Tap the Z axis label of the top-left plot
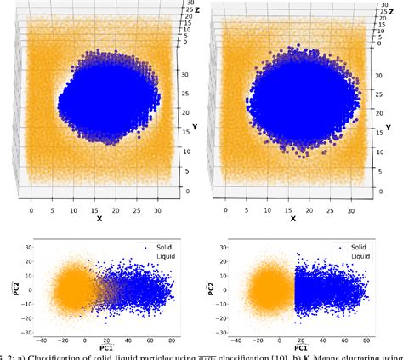194,11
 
